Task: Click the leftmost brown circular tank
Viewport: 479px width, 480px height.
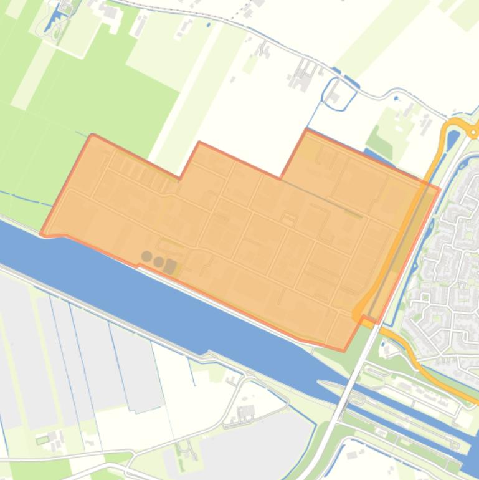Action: [146, 256]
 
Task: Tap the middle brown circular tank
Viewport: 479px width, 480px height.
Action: [159, 261]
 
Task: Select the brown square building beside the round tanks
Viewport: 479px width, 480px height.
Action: [170, 266]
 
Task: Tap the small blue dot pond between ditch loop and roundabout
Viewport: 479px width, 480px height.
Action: [396, 98]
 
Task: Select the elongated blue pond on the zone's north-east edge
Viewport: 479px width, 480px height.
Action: [374, 156]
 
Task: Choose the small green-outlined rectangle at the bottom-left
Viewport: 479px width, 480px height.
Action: [42, 440]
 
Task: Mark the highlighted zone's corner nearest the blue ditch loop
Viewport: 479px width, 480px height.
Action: [306, 130]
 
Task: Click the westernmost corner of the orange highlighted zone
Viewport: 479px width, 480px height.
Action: [41, 234]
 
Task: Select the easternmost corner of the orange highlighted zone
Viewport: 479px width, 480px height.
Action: [440, 188]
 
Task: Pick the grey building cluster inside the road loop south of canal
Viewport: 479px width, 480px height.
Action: [247, 413]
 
